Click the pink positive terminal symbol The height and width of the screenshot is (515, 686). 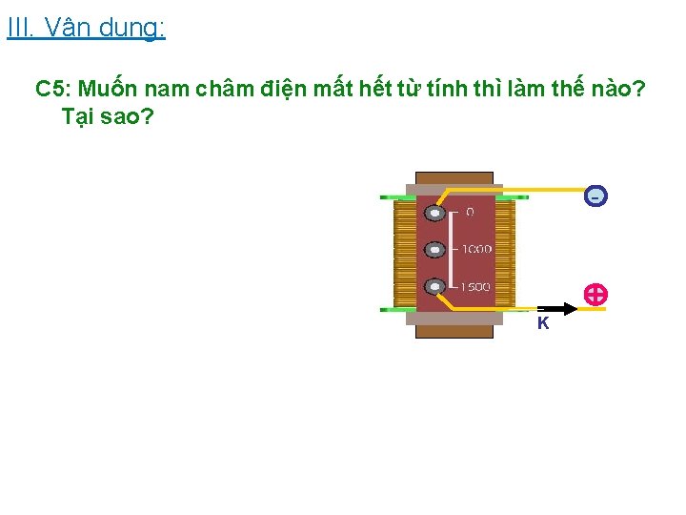pyautogui.click(x=595, y=295)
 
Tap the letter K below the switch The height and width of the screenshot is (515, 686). pyautogui.click(x=542, y=323)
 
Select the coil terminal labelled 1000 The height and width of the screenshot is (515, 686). pyautogui.click(x=435, y=250)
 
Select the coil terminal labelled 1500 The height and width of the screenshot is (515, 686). pyautogui.click(x=435, y=286)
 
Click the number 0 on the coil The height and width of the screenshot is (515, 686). pyautogui.click(x=470, y=212)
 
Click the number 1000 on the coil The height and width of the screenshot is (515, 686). pyautogui.click(x=476, y=249)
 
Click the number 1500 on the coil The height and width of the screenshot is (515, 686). pyautogui.click(x=476, y=286)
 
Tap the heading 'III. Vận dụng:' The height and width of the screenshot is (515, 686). pyautogui.click(x=86, y=28)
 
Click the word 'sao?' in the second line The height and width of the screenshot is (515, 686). pyautogui.click(x=132, y=117)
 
